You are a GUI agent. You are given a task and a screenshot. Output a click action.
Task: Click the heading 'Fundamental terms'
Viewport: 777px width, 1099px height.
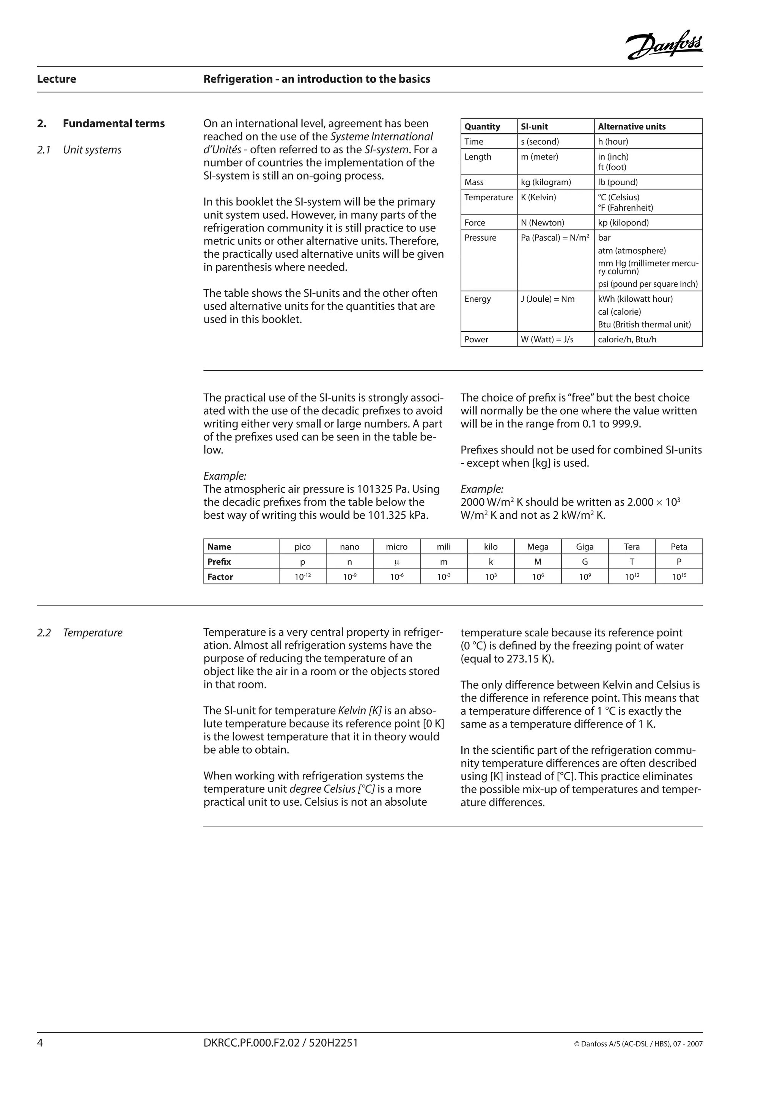(113, 123)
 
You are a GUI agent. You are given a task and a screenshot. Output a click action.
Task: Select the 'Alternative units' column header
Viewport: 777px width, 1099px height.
(632, 126)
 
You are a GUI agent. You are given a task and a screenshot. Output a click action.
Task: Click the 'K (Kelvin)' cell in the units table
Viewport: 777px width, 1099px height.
(539, 197)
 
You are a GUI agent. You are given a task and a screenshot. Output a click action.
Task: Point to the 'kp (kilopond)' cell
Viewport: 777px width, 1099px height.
(623, 223)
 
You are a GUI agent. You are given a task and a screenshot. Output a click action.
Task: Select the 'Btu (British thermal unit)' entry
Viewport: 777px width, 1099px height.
(644, 324)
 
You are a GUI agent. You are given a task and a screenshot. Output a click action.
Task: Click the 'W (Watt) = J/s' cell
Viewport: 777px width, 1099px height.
(547, 339)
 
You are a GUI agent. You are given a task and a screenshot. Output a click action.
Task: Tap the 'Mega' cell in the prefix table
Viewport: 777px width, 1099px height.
(538, 546)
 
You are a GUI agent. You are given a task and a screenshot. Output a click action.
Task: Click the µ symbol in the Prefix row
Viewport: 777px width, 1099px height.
(396, 562)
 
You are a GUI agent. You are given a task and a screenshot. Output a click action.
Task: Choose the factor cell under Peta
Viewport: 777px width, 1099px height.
(678, 577)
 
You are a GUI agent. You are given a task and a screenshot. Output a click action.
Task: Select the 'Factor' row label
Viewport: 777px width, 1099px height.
(220, 577)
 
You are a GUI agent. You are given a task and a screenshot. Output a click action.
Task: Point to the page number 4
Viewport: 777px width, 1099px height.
(40, 1042)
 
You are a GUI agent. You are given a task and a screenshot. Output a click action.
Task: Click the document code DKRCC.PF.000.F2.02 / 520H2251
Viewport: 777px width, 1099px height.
(280, 1042)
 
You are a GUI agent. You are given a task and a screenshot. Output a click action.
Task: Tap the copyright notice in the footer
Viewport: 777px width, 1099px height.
(638, 1044)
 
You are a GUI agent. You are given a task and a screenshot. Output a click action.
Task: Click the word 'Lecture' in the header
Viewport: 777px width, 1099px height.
(57, 79)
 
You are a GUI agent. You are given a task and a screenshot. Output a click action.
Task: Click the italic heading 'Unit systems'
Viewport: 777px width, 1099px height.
(92, 150)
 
